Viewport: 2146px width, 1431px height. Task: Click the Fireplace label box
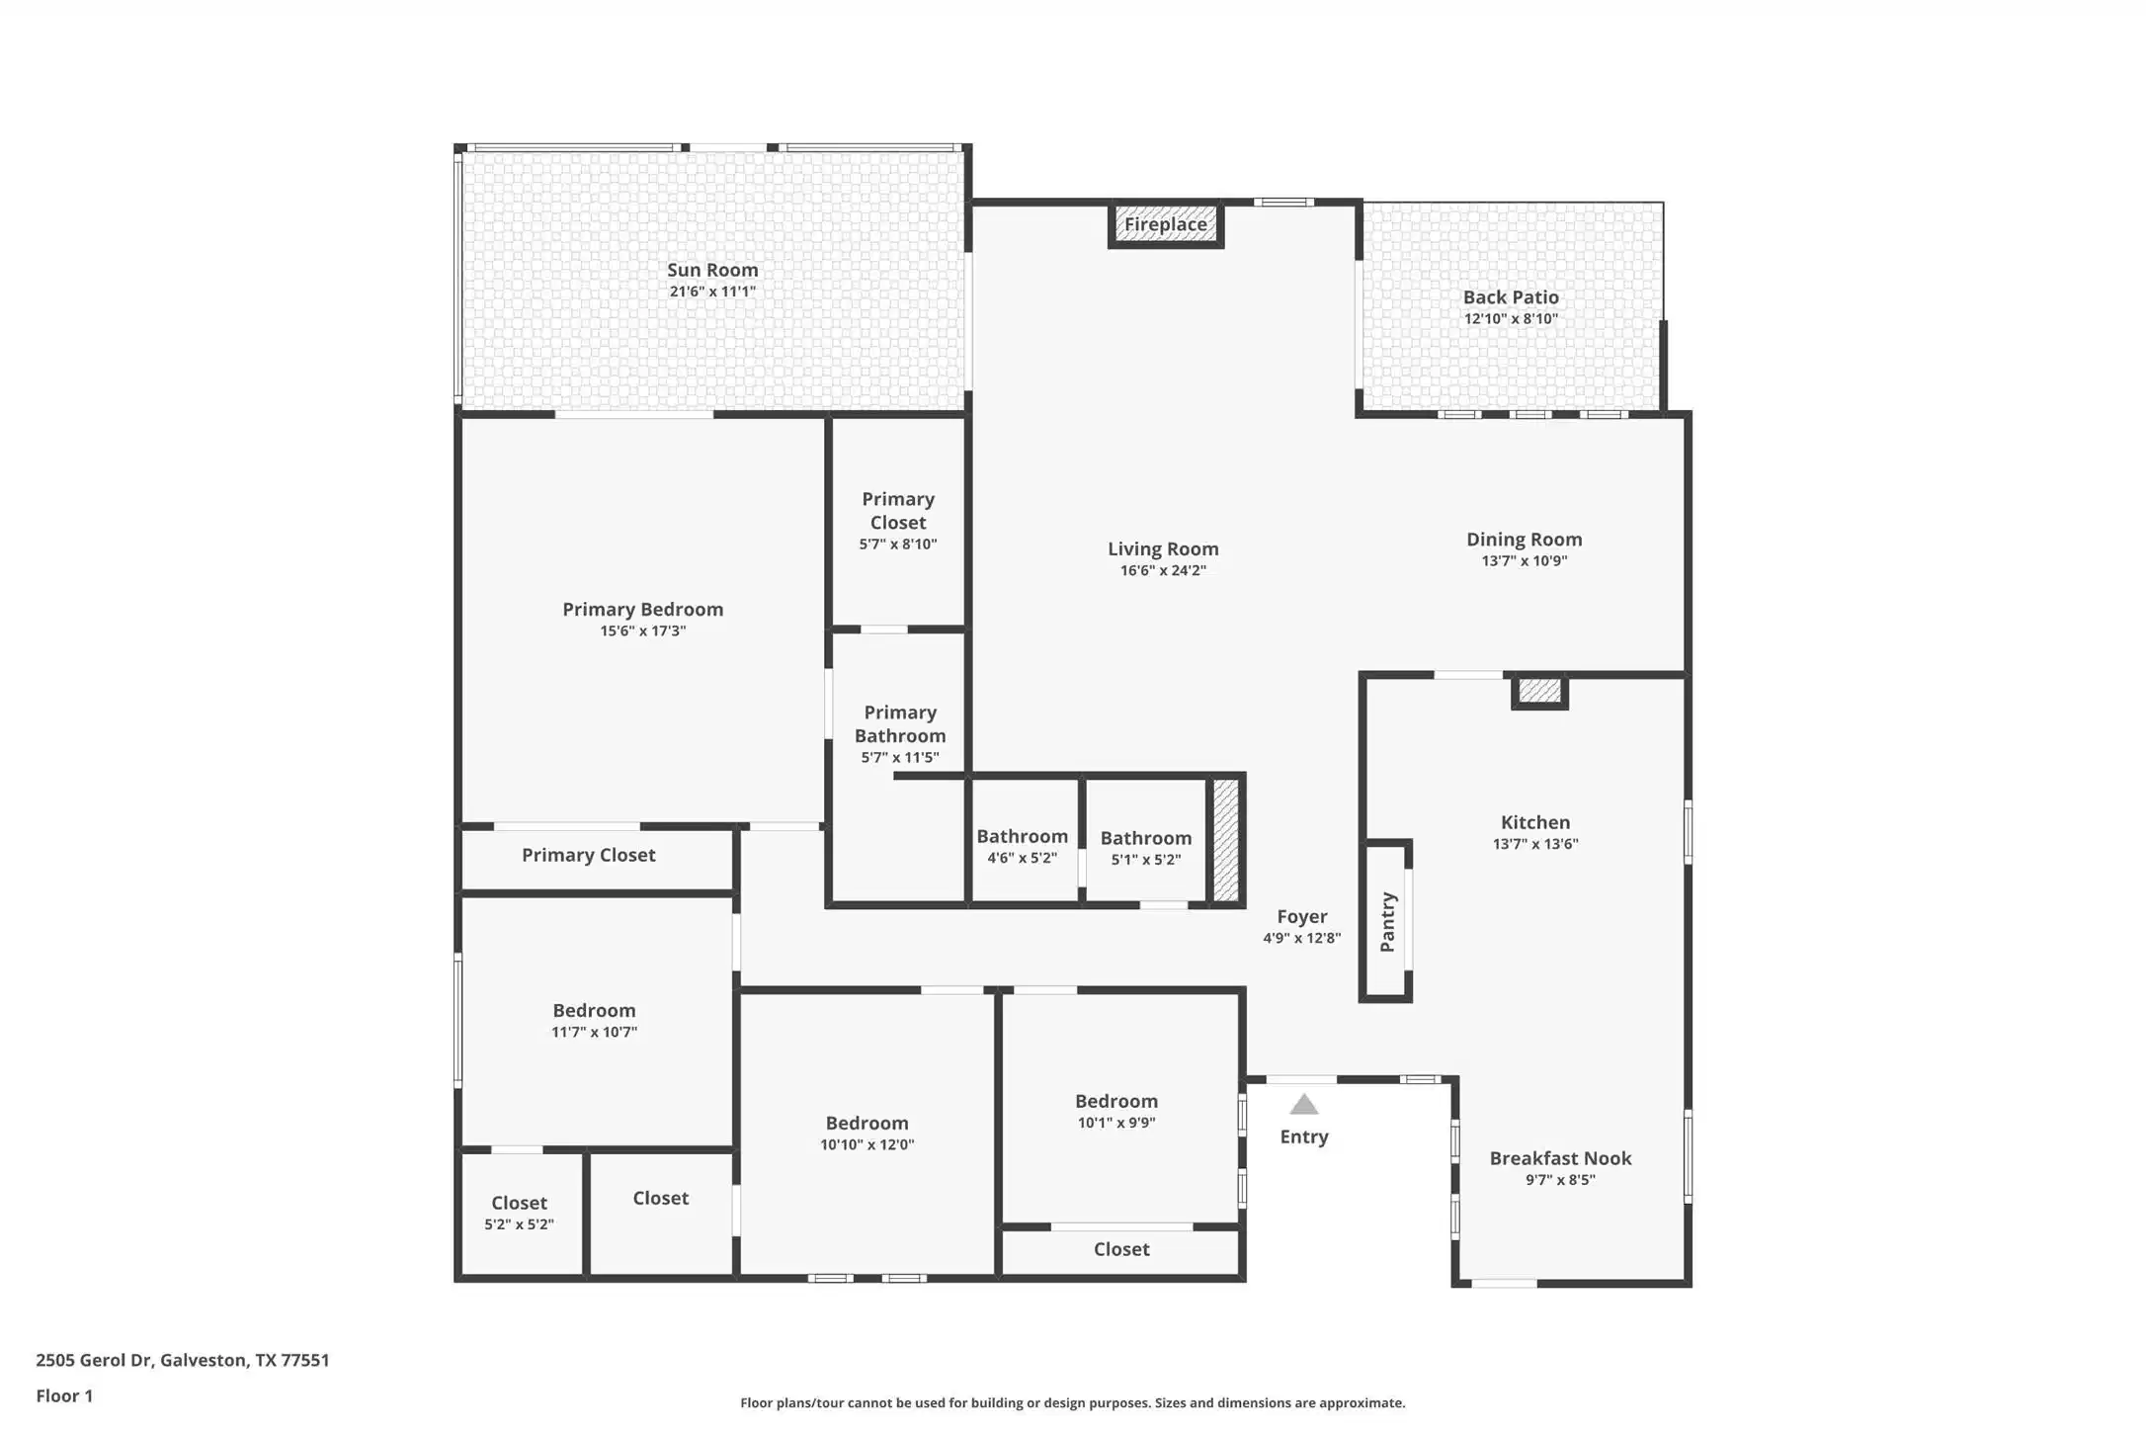pyautogui.click(x=1166, y=224)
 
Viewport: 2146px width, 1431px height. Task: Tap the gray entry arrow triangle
pyautogui.click(x=1304, y=1104)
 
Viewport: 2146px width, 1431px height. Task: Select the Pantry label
pyautogui.click(x=1387, y=922)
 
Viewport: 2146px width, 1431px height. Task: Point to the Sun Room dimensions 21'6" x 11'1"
pyautogui.click(x=712, y=292)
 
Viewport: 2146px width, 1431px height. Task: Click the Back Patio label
pyautogui.click(x=1511, y=297)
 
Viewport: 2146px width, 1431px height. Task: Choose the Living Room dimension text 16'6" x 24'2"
pyautogui.click(x=1163, y=570)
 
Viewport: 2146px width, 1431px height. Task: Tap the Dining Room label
pyautogui.click(x=1524, y=540)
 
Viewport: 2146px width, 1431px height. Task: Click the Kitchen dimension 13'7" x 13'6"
pyautogui.click(x=1535, y=844)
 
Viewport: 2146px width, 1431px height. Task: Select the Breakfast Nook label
pyautogui.click(x=1560, y=1158)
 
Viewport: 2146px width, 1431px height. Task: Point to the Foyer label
pyautogui.click(x=1302, y=917)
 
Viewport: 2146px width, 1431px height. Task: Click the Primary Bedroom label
pyautogui.click(x=643, y=610)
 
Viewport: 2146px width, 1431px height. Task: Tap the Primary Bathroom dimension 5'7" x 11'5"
pyautogui.click(x=900, y=758)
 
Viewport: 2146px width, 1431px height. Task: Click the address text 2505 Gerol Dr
pyautogui.click(x=94, y=1360)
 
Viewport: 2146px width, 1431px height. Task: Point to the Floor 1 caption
pyautogui.click(x=64, y=1396)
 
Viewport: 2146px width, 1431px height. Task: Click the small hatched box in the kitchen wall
pyautogui.click(x=1539, y=691)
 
